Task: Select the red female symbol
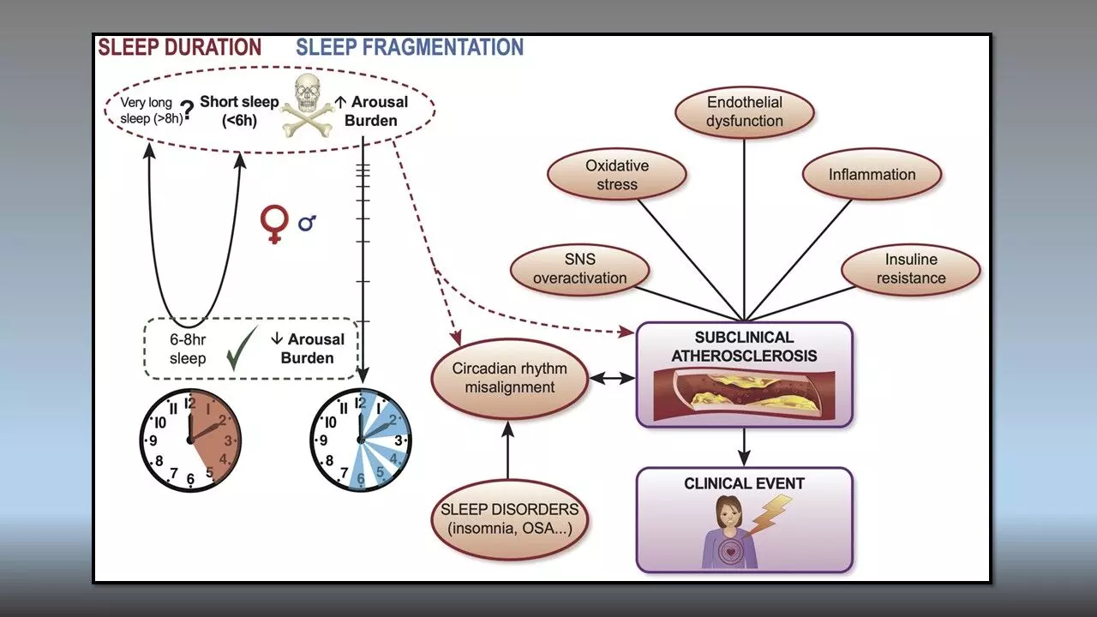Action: coord(273,224)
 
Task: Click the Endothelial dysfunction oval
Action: coord(744,112)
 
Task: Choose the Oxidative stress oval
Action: coord(617,174)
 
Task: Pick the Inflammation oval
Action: coord(872,175)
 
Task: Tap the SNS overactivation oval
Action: coord(580,268)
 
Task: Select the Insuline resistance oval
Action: coord(911,268)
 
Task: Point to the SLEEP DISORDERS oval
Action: coord(509,517)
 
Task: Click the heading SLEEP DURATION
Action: coord(179,47)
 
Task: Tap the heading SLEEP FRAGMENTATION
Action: coord(410,47)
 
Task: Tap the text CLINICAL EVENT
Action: coord(744,484)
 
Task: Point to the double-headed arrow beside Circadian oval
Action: coord(612,377)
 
